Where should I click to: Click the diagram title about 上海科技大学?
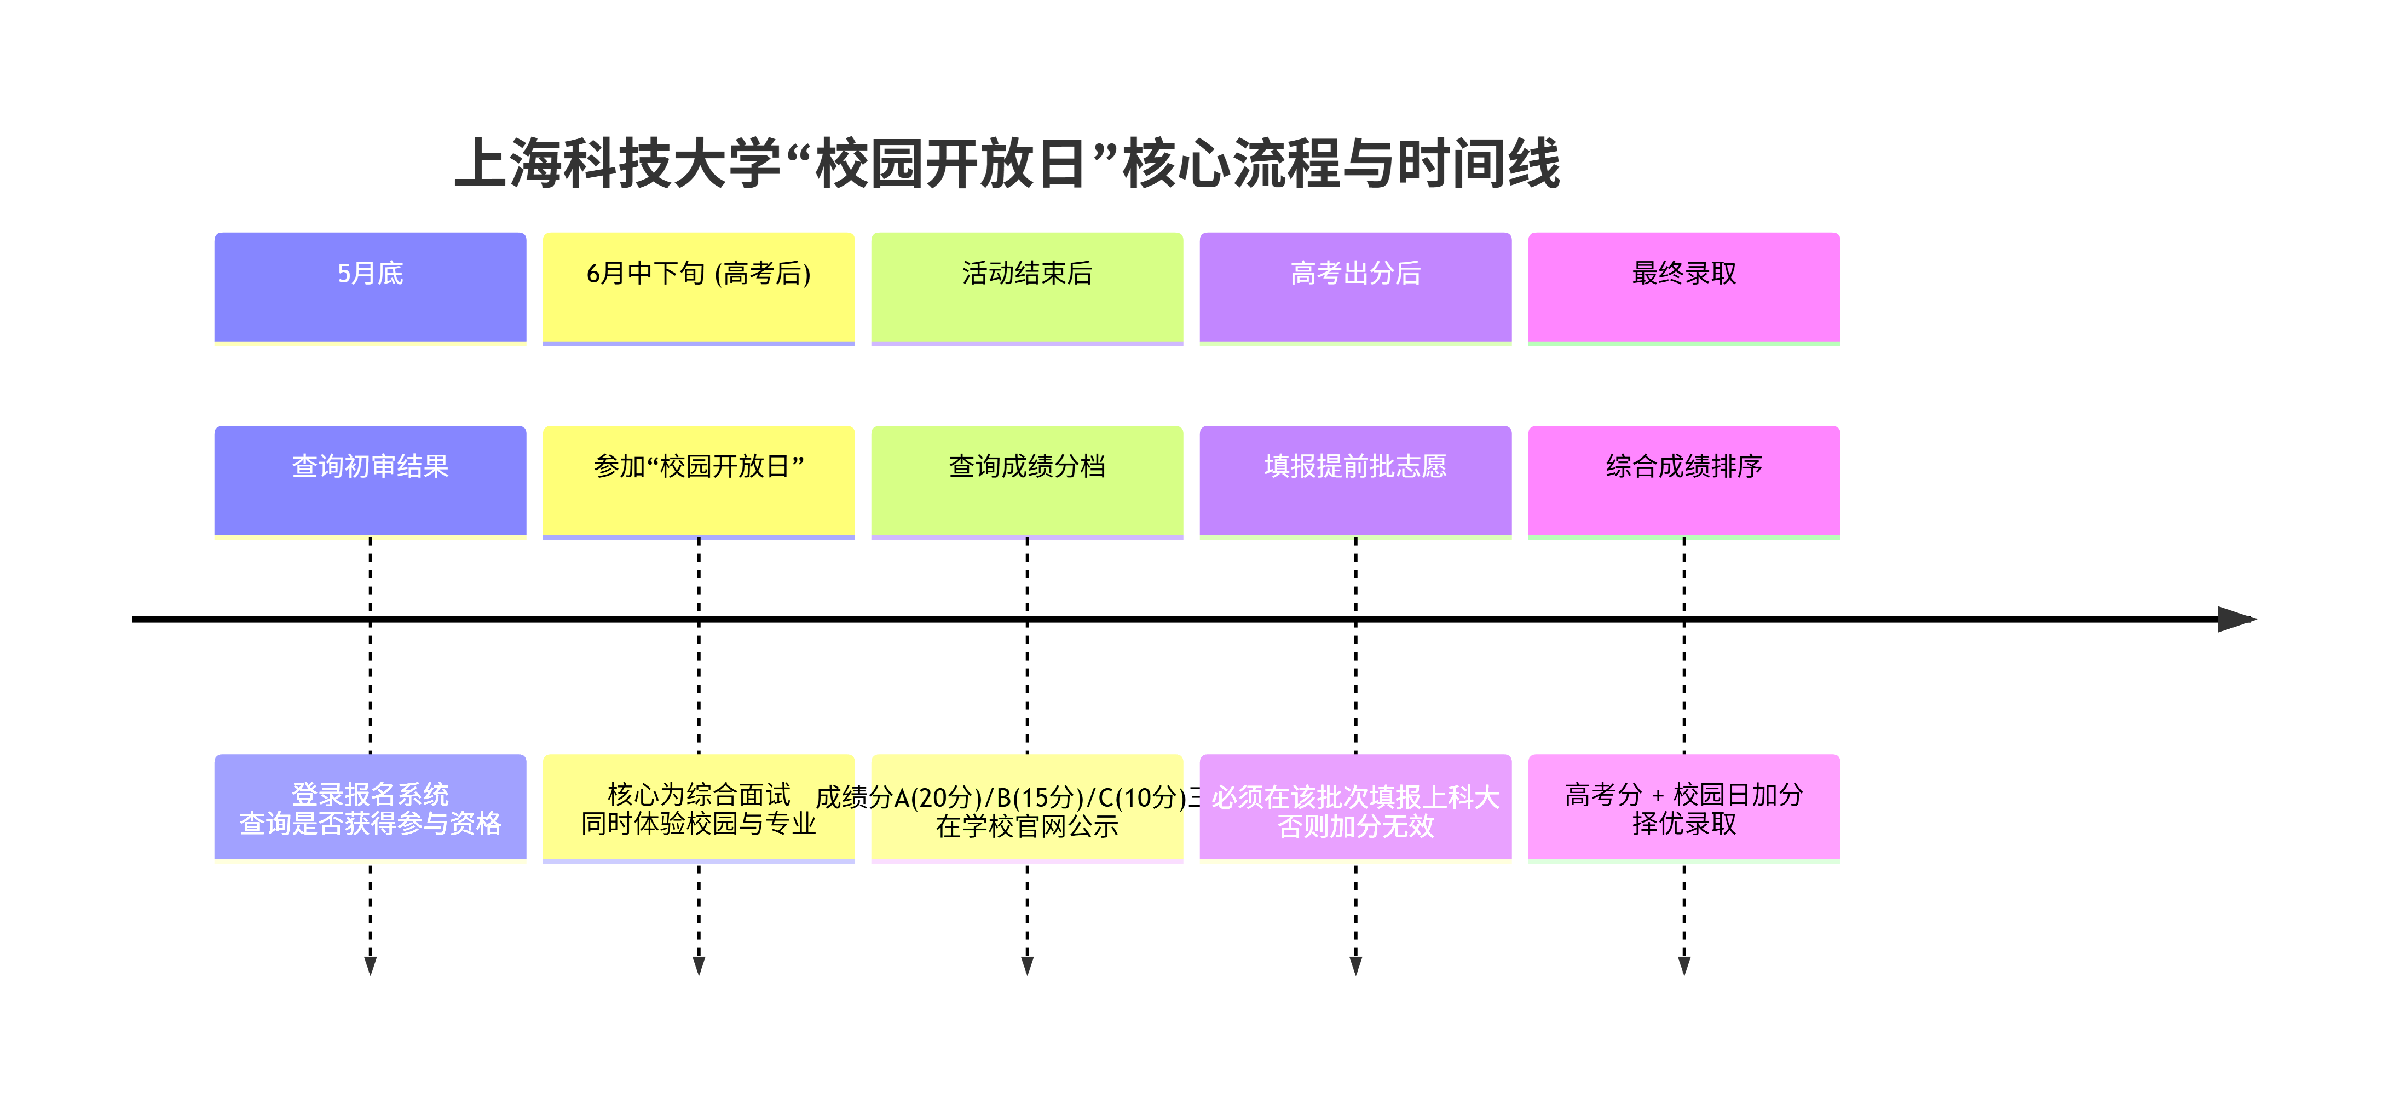pyautogui.click(x=1007, y=164)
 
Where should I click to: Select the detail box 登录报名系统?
pyautogui.click(x=370, y=807)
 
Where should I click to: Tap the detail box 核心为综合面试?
pyautogui.click(x=699, y=807)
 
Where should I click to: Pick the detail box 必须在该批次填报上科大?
pyautogui.click(x=1355, y=807)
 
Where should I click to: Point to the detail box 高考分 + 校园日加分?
pyautogui.click(x=1683, y=807)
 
